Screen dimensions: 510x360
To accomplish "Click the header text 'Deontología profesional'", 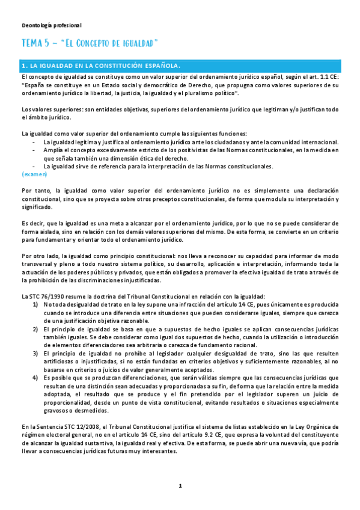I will point(51,25).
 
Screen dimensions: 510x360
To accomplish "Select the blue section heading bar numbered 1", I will point(180,66).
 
